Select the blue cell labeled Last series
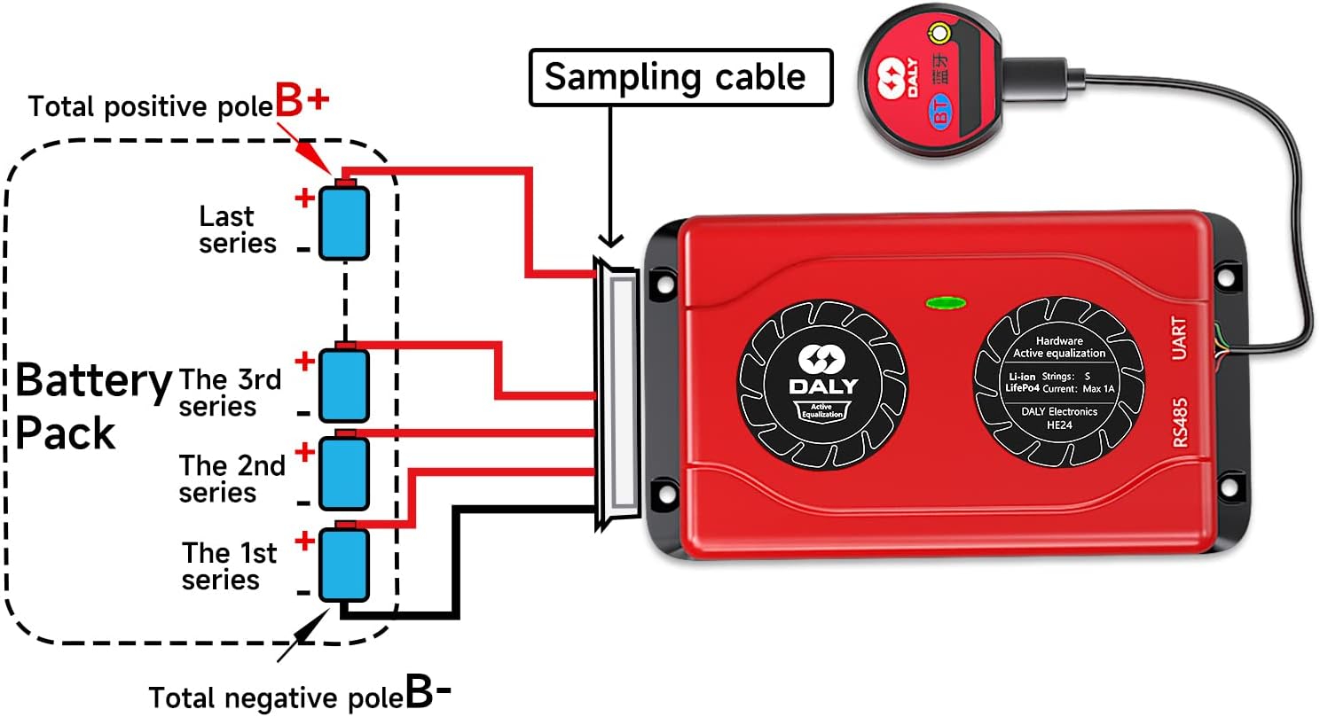pos(344,222)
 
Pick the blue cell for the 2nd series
pos(344,472)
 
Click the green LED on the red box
pos(946,303)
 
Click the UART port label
pos(1180,339)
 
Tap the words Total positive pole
pos(150,107)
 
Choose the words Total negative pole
pos(275,696)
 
